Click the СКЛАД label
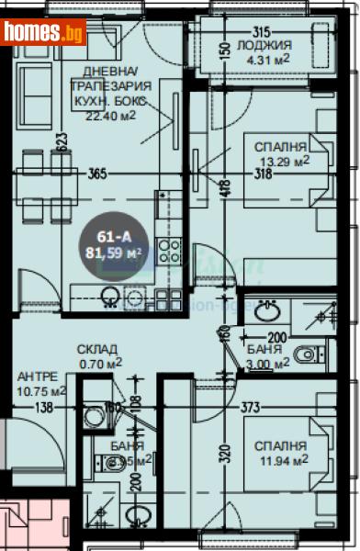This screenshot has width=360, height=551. point(96,348)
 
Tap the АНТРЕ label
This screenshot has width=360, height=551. point(38,376)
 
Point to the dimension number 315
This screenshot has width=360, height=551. point(264,29)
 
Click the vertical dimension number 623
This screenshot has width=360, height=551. point(60,142)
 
